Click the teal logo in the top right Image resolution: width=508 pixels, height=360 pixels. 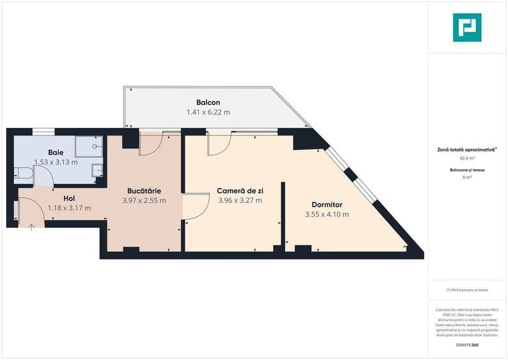[467, 27]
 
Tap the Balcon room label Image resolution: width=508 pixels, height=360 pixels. [208, 102]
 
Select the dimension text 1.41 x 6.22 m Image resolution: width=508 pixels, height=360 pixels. [208, 112]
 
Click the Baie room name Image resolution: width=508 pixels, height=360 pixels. [56, 152]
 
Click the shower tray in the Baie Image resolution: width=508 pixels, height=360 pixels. [88, 146]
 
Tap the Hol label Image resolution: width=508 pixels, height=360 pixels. [69, 198]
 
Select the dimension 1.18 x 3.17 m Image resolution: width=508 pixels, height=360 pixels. [69, 208]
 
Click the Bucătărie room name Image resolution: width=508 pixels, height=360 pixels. [144, 191]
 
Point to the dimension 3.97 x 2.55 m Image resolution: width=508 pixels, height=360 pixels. [144, 200]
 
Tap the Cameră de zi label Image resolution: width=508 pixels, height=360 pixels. [240, 191]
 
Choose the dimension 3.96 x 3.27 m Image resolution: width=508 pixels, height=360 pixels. [240, 200]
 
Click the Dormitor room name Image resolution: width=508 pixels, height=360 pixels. [327, 205]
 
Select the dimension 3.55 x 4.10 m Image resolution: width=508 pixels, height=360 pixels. [327, 214]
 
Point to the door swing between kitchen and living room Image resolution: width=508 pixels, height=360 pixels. [196, 206]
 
